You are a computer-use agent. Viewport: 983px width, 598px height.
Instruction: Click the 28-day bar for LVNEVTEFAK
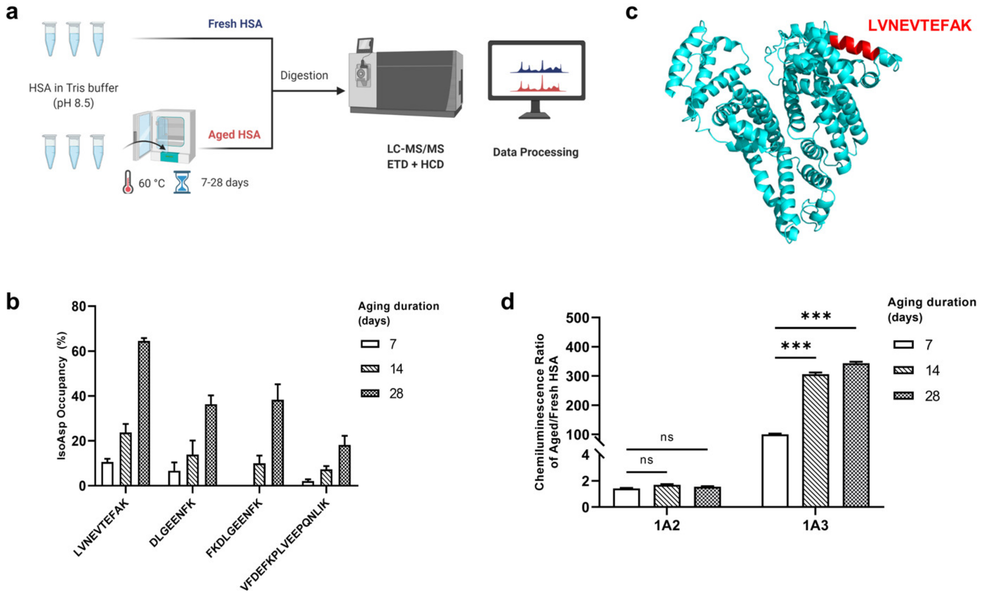(144, 413)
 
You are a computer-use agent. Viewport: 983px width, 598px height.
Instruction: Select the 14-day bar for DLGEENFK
(193, 470)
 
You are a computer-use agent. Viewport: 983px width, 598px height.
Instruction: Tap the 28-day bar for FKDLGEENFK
(278, 443)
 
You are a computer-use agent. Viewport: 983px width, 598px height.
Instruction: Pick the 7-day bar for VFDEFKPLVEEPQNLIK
(308, 483)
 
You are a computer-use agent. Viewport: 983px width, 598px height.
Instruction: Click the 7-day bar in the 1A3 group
(775, 471)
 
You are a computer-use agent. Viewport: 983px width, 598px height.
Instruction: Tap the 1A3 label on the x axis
(816, 525)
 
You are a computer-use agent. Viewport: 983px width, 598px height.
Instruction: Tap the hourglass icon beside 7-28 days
(182, 182)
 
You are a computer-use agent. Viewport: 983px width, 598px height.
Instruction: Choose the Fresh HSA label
(235, 24)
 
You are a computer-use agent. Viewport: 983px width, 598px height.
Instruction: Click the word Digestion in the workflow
(304, 76)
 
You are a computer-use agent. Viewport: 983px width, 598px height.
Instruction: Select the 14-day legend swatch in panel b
(370, 369)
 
